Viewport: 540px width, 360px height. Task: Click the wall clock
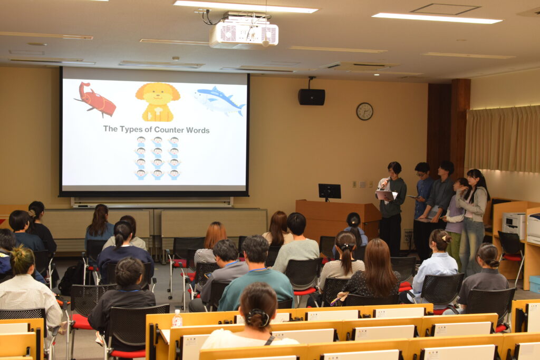point(364,111)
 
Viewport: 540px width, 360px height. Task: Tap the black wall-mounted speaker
point(311,96)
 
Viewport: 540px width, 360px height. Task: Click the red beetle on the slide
point(95,99)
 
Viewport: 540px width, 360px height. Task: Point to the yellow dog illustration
point(158,102)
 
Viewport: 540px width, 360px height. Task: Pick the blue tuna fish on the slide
point(220,101)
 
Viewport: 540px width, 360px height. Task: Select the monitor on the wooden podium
point(330,191)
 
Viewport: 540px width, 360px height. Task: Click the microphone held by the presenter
point(384,182)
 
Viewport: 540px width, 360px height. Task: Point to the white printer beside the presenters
point(514,225)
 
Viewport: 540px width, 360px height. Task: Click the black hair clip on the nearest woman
point(257,316)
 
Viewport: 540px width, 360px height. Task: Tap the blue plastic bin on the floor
point(535,284)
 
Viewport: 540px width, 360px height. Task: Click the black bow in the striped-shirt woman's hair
point(346,247)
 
